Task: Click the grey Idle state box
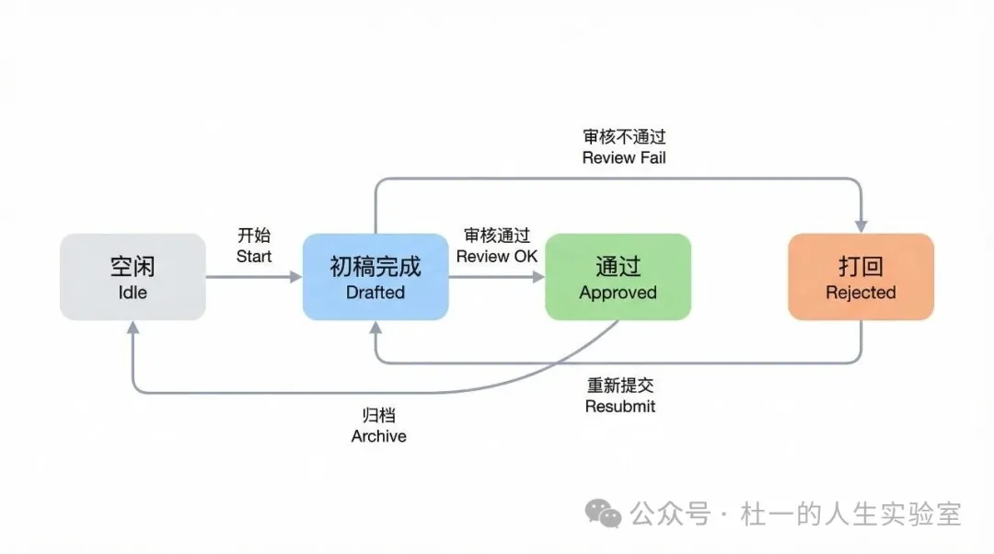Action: click(x=133, y=277)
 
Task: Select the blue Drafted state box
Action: click(x=376, y=277)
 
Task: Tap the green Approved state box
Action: click(x=618, y=277)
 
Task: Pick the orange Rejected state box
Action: click(x=861, y=277)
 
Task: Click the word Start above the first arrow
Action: click(x=254, y=256)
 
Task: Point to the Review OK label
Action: click(x=496, y=256)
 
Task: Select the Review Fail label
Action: click(x=624, y=157)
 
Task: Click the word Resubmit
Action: click(x=620, y=406)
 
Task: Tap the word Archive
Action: click(x=378, y=436)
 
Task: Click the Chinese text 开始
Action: click(x=254, y=236)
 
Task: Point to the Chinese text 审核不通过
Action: click(x=624, y=137)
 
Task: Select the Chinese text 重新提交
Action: click(x=620, y=386)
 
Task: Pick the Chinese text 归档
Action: click(x=378, y=416)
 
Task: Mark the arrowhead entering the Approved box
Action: click(x=537, y=277)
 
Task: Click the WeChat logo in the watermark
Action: click(x=605, y=514)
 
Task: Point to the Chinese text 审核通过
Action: click(x=496, y=236)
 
